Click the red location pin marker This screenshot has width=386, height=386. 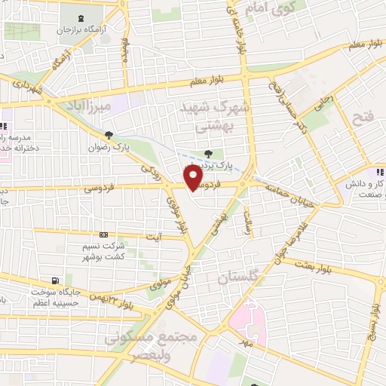194,176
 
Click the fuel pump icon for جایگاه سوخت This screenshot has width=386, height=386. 54,280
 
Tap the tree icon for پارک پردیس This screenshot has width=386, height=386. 209,155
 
